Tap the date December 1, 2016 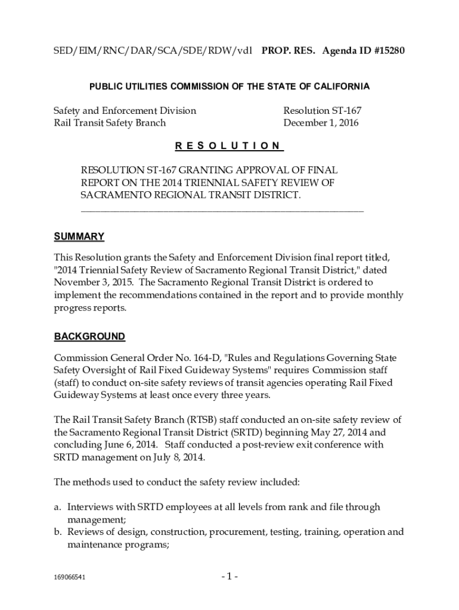pos(321,123)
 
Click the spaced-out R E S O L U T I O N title pos(229,146)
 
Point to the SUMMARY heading pos(79,237)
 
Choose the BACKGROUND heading pos(89,337)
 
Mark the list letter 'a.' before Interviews pos(58,507)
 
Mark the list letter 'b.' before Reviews pos(58,532)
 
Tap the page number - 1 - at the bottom pos(229,576)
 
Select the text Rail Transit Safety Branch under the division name pos(110,123)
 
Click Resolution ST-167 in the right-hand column pos(322,111)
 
